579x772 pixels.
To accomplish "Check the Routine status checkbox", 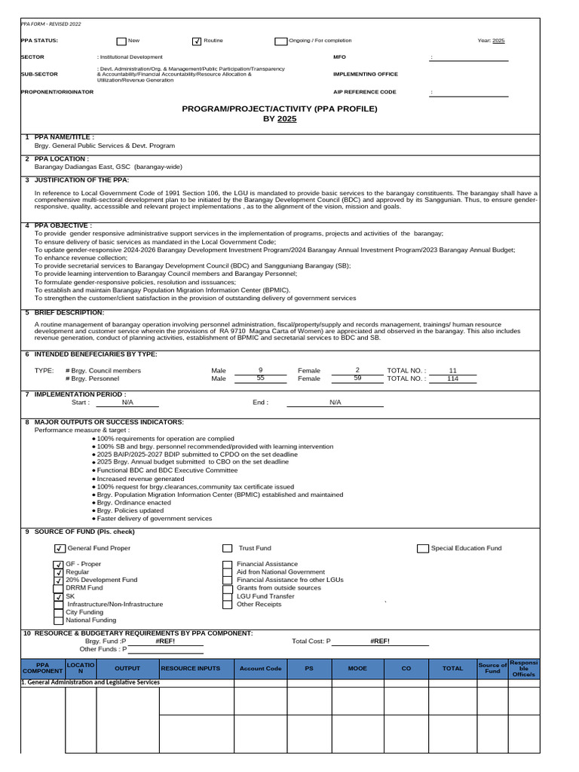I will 198,41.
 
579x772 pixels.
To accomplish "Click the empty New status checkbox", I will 121,41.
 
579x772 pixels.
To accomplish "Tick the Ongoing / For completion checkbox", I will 281,41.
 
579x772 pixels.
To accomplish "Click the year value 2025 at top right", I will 498,41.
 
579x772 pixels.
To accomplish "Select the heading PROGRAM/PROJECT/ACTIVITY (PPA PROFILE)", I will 280,109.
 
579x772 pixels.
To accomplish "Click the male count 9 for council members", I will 260,370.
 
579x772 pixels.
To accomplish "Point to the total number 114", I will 452,378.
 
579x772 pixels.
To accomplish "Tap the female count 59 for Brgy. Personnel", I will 357,378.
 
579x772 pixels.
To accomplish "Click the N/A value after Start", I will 127,403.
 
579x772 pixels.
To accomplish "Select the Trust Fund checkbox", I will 227,548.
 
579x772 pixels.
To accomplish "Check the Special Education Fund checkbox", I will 422,548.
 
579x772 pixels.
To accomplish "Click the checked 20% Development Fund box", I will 58,581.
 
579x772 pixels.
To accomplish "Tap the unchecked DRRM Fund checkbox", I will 58,588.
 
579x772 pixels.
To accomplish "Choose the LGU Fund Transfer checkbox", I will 227,596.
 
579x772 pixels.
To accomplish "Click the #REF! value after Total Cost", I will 380,641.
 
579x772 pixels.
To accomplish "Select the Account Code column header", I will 260,669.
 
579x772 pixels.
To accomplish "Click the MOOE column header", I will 357,669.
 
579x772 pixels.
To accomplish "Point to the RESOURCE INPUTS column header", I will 191,669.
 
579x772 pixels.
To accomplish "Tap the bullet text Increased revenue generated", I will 140,479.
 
